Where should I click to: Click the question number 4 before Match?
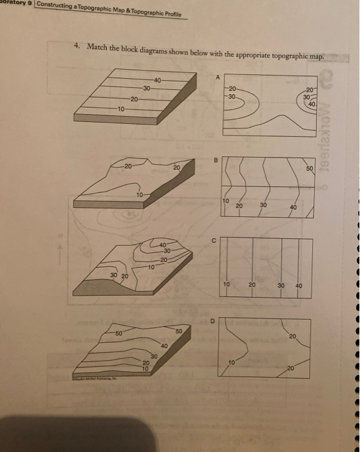75,46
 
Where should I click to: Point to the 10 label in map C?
226,285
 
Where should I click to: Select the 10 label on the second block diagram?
139,194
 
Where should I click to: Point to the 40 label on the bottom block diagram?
164,346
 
